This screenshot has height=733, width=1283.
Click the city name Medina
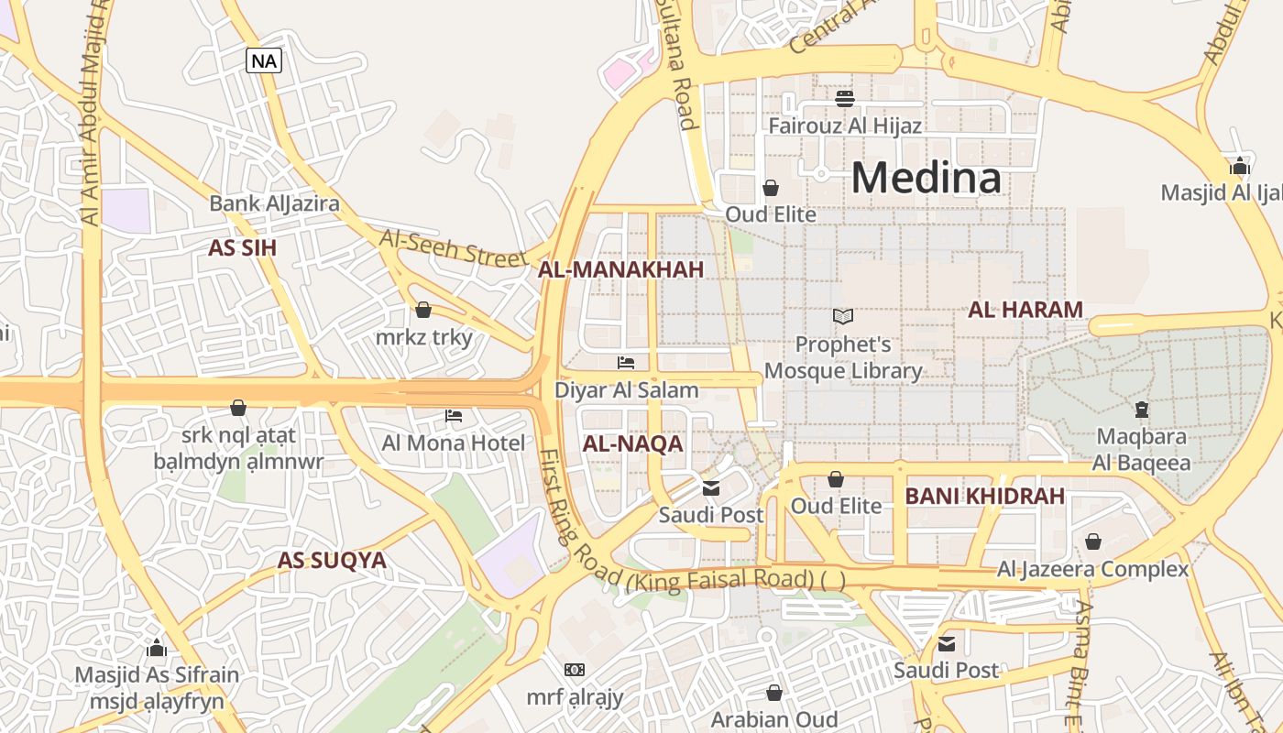(x=927, y=178)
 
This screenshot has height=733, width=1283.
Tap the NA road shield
(x=263, y=61)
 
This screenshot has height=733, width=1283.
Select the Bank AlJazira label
(x=274, y=203)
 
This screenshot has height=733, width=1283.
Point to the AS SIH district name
(x=242, y=248)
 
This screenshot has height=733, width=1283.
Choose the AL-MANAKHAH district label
(x=620, y=269)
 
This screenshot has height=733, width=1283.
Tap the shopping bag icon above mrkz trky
(x=423, y=311)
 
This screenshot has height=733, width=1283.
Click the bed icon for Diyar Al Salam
(x=626, y=363)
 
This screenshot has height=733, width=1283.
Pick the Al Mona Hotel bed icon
(x=454, y=416)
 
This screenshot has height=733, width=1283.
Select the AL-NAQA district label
(x=632, y=444)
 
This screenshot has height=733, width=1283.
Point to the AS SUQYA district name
(x=332, y=560)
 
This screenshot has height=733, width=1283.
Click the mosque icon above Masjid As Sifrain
(x=157, y=649)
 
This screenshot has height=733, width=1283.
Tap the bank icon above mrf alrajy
(x=575, y=670)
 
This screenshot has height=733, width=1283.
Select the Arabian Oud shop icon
(x=774, y=693)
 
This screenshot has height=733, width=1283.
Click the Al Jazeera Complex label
(x=1092, y=569)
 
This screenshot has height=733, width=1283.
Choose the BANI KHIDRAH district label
(x=984, y=497)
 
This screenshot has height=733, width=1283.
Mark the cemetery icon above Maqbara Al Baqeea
(x=1142, y=409)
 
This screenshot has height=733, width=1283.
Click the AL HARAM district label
(x=1025, y=310)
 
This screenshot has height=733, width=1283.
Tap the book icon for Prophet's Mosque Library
(x=843, y=317)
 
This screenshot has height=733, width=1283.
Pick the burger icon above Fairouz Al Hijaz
(x=845, y=98)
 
